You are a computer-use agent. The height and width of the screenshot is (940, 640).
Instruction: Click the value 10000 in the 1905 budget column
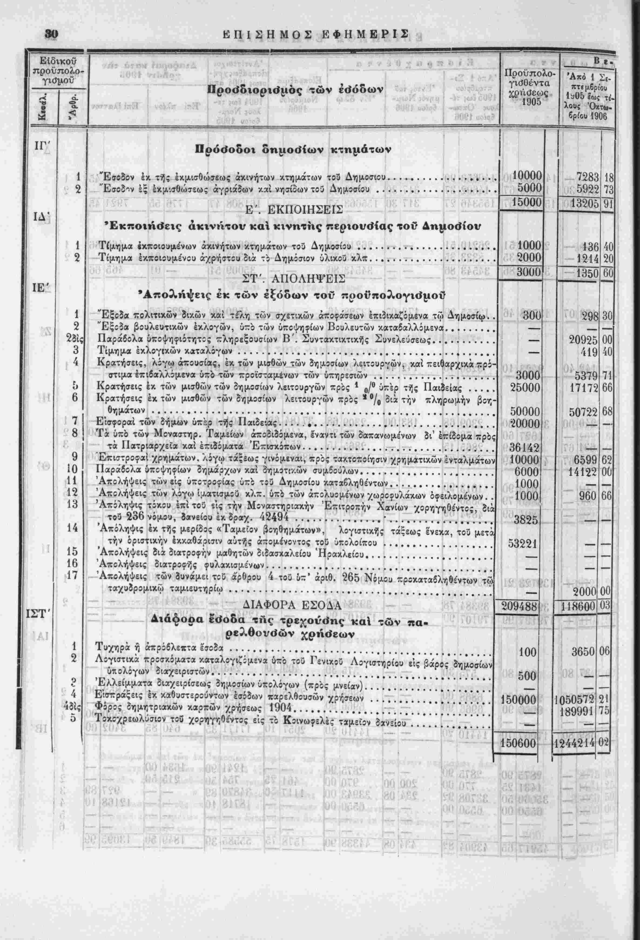tap(526, 177)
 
